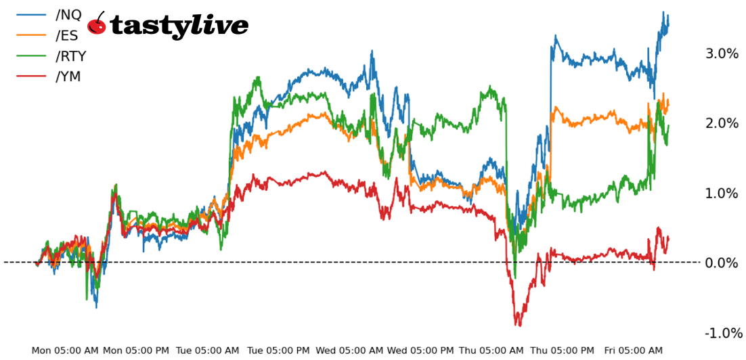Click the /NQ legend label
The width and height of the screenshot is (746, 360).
click(x=68, y=15)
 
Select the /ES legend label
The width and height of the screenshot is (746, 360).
click(x=67, y=35)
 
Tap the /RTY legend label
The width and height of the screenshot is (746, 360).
click(x=70, y=55)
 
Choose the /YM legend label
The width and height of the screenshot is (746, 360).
click(x=68, y=76)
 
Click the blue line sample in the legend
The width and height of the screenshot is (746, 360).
click(x=31, y=15)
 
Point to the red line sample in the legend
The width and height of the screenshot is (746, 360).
click(x=31, y=76)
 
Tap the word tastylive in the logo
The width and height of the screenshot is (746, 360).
click(x=179, y=26)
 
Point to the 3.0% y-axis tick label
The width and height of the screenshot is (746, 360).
click(x=722, y=53)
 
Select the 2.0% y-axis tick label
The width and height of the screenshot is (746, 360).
click(x=722, y=123)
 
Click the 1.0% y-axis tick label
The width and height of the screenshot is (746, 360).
click(x=722, y=194)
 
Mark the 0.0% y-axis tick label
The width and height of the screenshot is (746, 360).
click(x=722, y=263)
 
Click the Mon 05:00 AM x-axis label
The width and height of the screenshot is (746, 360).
click(x=65, y=351)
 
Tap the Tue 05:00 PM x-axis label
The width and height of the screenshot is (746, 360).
click(x=278, y=351)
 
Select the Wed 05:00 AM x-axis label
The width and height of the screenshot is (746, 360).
click(x=349, y=351)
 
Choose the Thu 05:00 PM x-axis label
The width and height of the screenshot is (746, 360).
click(x=563, y=351)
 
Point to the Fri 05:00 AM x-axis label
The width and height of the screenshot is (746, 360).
click(x=634, y=351)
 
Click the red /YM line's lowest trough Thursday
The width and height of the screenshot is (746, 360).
click(x=518, y=325)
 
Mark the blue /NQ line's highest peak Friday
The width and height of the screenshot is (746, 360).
click(x=663, y=12)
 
